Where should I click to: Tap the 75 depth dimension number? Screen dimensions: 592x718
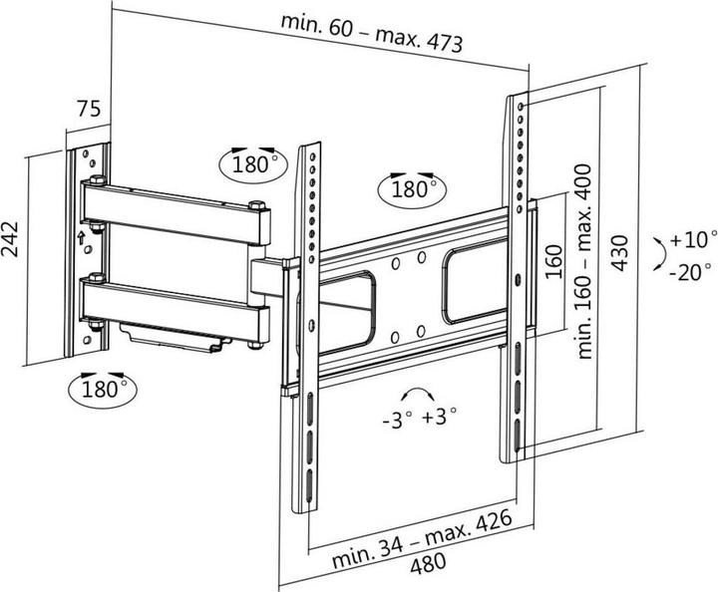(89, 110)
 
